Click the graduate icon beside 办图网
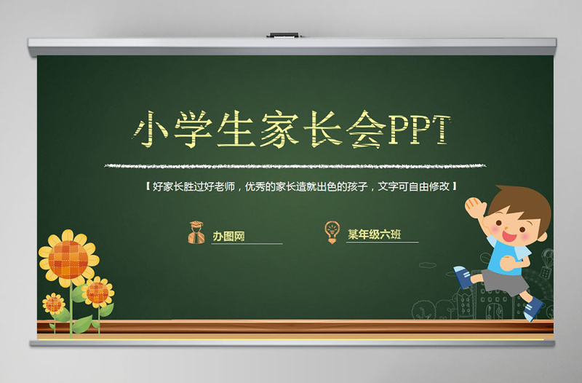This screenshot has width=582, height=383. [196, 232]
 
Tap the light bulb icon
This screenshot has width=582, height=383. [332, 231]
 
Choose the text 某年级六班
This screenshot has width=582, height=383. [373, 234]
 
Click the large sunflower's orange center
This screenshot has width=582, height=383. [68, 258]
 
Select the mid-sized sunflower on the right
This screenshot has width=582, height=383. [97, 293]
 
